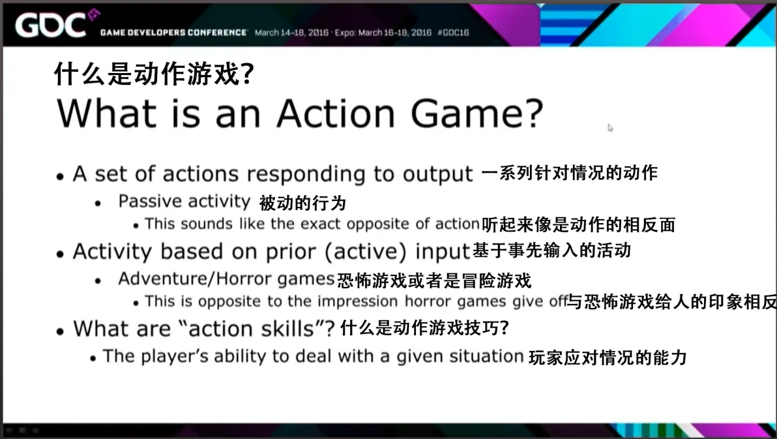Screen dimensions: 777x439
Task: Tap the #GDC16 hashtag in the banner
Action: tap(453, 33)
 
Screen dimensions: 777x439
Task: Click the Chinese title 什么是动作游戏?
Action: tap(154, 74)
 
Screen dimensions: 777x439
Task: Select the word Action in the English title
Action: tap(336, 114)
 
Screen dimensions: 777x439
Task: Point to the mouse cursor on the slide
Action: tap(611, 128)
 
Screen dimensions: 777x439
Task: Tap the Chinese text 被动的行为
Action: tap(302, 203)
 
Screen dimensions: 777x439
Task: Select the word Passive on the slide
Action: tap(150, 201)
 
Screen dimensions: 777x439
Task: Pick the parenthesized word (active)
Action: tap(365, 252)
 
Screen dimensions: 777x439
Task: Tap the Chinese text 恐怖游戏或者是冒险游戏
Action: tap(434, 280)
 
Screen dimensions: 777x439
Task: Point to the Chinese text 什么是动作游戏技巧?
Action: tap(424, 328)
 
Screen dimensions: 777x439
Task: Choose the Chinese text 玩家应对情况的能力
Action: tap(608, 357)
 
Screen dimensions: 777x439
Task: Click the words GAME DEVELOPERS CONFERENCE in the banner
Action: tap(173, 33)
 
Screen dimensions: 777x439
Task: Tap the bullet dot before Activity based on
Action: tap(60, 254)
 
